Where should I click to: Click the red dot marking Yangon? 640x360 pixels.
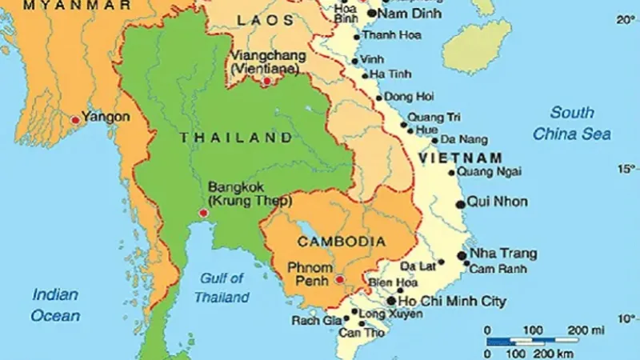pyautogui.click(x=75, y=119)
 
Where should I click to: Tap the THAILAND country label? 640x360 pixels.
pyautogui.click(x=236, y=138)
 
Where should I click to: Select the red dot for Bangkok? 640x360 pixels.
pyautogui.click(x=203, y=213)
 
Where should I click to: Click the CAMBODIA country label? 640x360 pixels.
pyautogui.click(x=341, y=241)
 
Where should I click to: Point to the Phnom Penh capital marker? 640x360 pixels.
pyautogui.click(x=341, y=279)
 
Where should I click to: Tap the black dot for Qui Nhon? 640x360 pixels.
pyautogui.click(x=460, y=205)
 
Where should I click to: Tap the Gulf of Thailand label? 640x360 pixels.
pyautogui.click(x=222, y=288)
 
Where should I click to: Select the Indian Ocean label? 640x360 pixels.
pyautogui.click(x=55, y=306)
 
